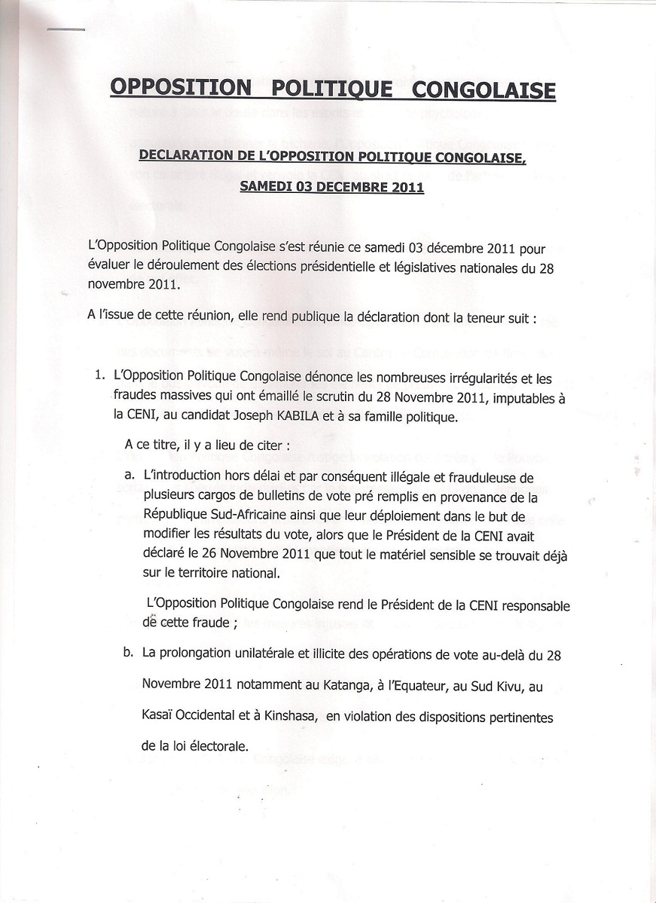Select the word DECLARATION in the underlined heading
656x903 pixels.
tap(185, 156)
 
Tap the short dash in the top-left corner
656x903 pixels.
tap(65, 29)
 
